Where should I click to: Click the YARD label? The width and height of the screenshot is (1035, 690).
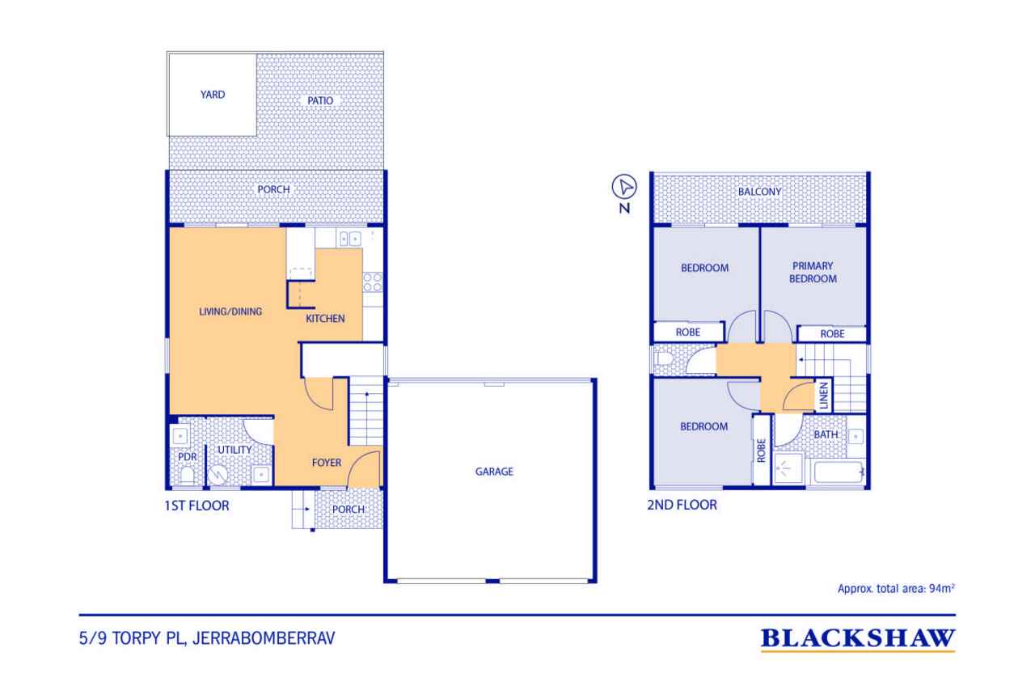[x=213, y=95]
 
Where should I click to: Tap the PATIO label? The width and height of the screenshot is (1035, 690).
[x=319, y=101]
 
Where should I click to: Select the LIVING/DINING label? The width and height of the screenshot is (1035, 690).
[x=231, y=311]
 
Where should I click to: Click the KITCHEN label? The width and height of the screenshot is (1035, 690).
[x=325, y=319]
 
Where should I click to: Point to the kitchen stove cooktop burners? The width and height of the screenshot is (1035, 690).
[x=373, y=282]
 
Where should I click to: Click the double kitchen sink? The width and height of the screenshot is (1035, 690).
[x=349, y=238]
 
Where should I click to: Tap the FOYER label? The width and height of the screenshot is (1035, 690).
[x=327, y=463]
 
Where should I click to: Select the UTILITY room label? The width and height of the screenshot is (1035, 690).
[x=234, y=450]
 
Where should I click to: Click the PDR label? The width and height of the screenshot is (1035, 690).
[x=187, y=456]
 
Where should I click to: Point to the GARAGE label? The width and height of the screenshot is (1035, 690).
[x=493, y=472]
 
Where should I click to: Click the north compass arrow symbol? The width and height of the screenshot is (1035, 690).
[x=624, y=187]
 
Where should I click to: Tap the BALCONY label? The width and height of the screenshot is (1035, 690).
[x=758, y=192]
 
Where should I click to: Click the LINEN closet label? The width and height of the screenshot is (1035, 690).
[x=823, y=396]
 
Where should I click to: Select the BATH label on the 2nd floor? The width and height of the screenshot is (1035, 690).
[x=826, y=435]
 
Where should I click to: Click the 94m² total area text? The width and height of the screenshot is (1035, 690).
[x=897, y=590]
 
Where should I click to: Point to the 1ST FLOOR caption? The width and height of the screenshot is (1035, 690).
[x=196, y=507]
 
